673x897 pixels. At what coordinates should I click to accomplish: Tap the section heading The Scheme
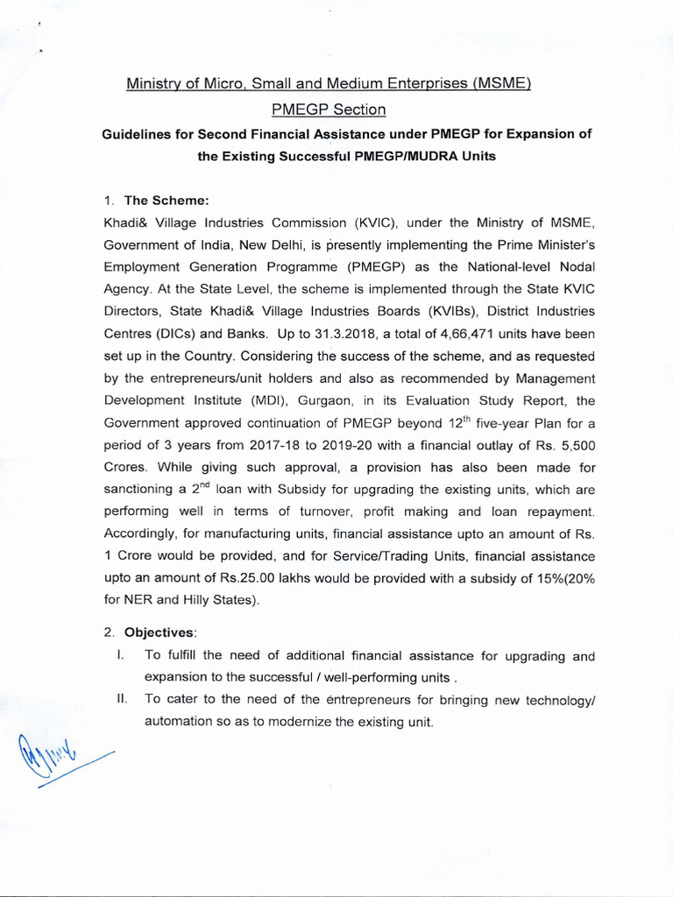point(154,199)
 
